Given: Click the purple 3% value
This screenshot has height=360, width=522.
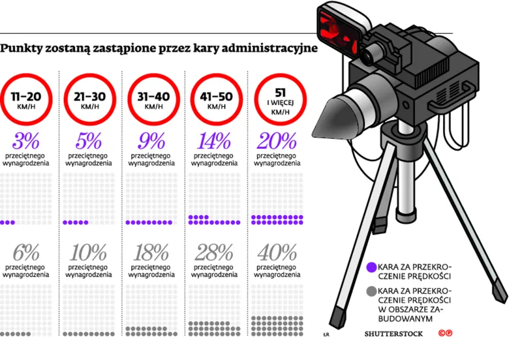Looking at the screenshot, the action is pos(25,141).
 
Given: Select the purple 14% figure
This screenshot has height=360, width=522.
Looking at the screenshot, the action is pos(214,141).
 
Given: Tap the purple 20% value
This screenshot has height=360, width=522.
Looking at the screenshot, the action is pos(277,141).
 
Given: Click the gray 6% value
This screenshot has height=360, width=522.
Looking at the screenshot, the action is pos(26,253).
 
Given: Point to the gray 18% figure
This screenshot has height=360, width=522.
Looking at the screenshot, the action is pos(151,253).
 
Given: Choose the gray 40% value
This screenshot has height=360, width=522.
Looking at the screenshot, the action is pos(277,253).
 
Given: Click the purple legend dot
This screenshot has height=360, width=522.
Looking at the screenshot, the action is pos(371,267).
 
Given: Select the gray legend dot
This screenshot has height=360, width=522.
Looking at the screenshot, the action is pos(371,292).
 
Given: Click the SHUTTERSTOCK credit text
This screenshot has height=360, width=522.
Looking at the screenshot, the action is pos(393,334).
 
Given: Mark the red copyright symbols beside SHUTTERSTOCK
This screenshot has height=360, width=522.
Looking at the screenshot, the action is pos(446,333).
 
